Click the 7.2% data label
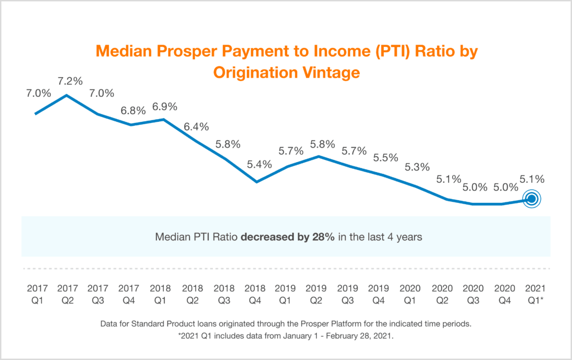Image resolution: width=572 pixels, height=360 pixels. [x=68, y=80]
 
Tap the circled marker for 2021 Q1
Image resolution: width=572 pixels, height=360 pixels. [x=532, y=198]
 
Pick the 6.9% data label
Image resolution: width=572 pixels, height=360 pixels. [x=164, y=105]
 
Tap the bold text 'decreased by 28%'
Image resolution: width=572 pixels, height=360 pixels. [x=288, y=236]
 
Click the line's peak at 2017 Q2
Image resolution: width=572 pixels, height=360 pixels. [x=67, y=96]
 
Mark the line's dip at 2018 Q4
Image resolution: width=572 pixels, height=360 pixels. [x=256, y=182]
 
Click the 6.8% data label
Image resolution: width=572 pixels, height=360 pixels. [x=133, y=110]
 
